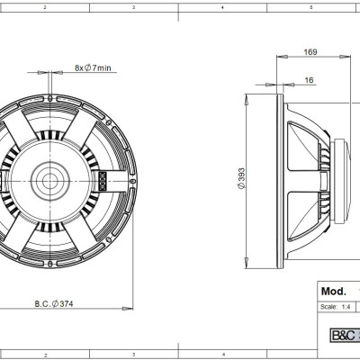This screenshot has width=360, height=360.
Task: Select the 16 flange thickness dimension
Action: click(x=310, y=80)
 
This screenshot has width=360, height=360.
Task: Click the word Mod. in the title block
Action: click(x=335, y=292)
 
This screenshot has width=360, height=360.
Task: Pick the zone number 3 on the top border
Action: click(x=133, y=6)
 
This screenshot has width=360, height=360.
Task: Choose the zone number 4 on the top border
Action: click(x=222, y=6)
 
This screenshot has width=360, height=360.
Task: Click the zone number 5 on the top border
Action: click(x=310, y=6)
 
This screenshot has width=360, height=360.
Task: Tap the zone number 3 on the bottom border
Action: click(x=133, y=353)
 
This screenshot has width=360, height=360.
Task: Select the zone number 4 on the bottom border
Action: click(x=222, y=353)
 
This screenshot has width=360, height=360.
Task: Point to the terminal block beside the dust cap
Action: click(x=103, y=179)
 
